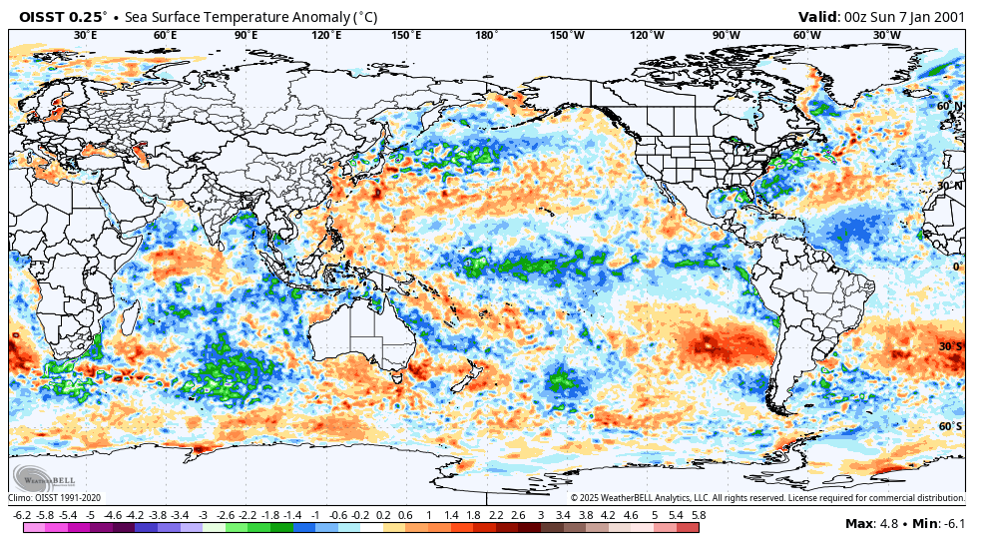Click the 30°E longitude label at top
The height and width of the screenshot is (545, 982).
86,36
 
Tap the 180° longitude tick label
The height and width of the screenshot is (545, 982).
486,36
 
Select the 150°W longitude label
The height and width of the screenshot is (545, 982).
567,36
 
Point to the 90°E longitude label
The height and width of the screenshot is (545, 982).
245,36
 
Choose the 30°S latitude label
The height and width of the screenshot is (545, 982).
950,346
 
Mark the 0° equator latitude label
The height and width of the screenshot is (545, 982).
956,267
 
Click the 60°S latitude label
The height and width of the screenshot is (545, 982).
950,426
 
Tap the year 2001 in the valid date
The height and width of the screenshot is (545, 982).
946,17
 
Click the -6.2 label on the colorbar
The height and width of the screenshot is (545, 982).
21,515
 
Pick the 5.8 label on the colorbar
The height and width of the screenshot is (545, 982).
699,515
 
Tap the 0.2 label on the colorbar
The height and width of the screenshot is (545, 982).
383,515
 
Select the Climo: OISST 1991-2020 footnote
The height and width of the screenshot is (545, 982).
55,497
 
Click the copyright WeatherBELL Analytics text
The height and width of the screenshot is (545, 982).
766,497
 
